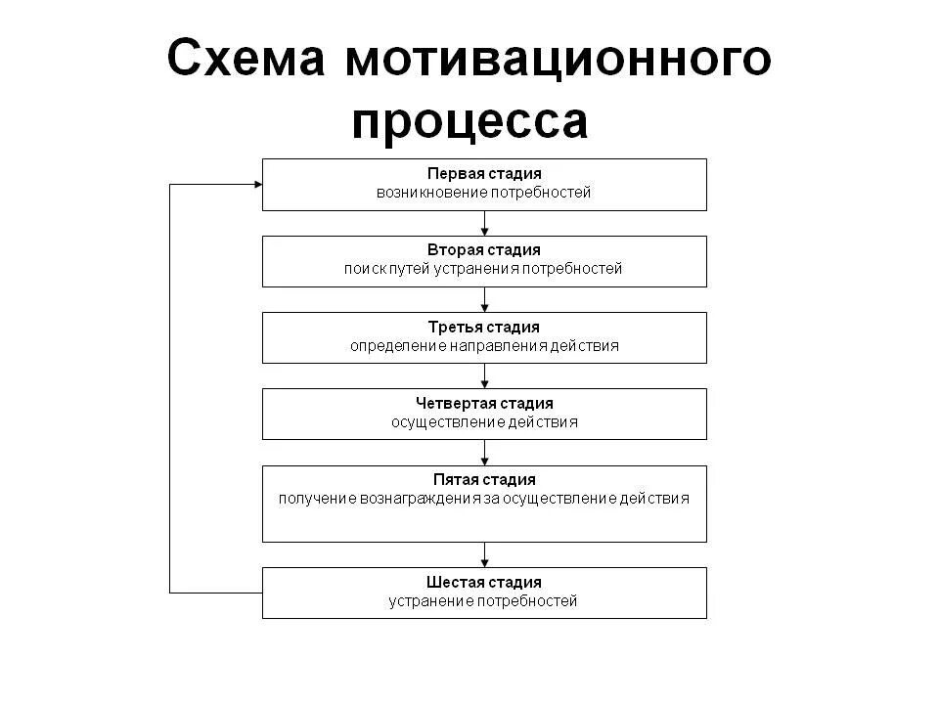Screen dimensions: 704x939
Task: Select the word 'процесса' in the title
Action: click(x=470, y=121)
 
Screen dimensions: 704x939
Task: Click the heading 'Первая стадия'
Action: click(x=484, y=173)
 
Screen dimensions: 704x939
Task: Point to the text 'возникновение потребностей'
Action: click(x=484, y=193)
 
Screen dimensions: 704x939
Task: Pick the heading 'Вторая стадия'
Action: click(x=484, y=250)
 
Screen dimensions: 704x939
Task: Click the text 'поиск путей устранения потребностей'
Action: click(x=484, y=269)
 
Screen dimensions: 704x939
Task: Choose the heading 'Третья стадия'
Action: click(x=484, y=327)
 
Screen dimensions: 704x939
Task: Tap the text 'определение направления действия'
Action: click(x=484, y=345)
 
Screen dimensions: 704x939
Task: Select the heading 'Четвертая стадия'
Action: click(x=484, y=403)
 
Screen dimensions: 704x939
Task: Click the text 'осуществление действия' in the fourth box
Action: click(x=484, y=422)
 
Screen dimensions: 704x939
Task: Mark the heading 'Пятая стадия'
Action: click(x=484, y=479)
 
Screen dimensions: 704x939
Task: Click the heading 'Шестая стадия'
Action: click(x=484, y=582)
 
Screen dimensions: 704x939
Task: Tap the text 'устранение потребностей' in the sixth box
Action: click(x=484, y=600)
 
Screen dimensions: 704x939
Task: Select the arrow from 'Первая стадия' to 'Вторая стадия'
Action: click(x=484, y=224)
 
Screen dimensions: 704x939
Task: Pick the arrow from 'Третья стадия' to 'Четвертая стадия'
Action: click(x=484, y=376)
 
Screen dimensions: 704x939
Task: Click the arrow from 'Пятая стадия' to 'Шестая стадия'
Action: click(x=484, y=555)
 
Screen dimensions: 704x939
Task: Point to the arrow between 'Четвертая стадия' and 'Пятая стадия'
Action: click(x=484, y=453)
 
